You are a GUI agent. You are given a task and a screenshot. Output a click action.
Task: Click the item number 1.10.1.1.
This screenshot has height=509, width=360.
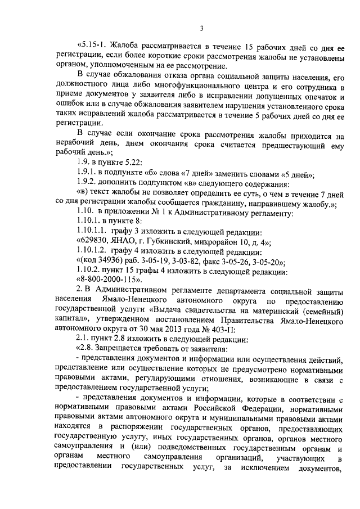92,248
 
